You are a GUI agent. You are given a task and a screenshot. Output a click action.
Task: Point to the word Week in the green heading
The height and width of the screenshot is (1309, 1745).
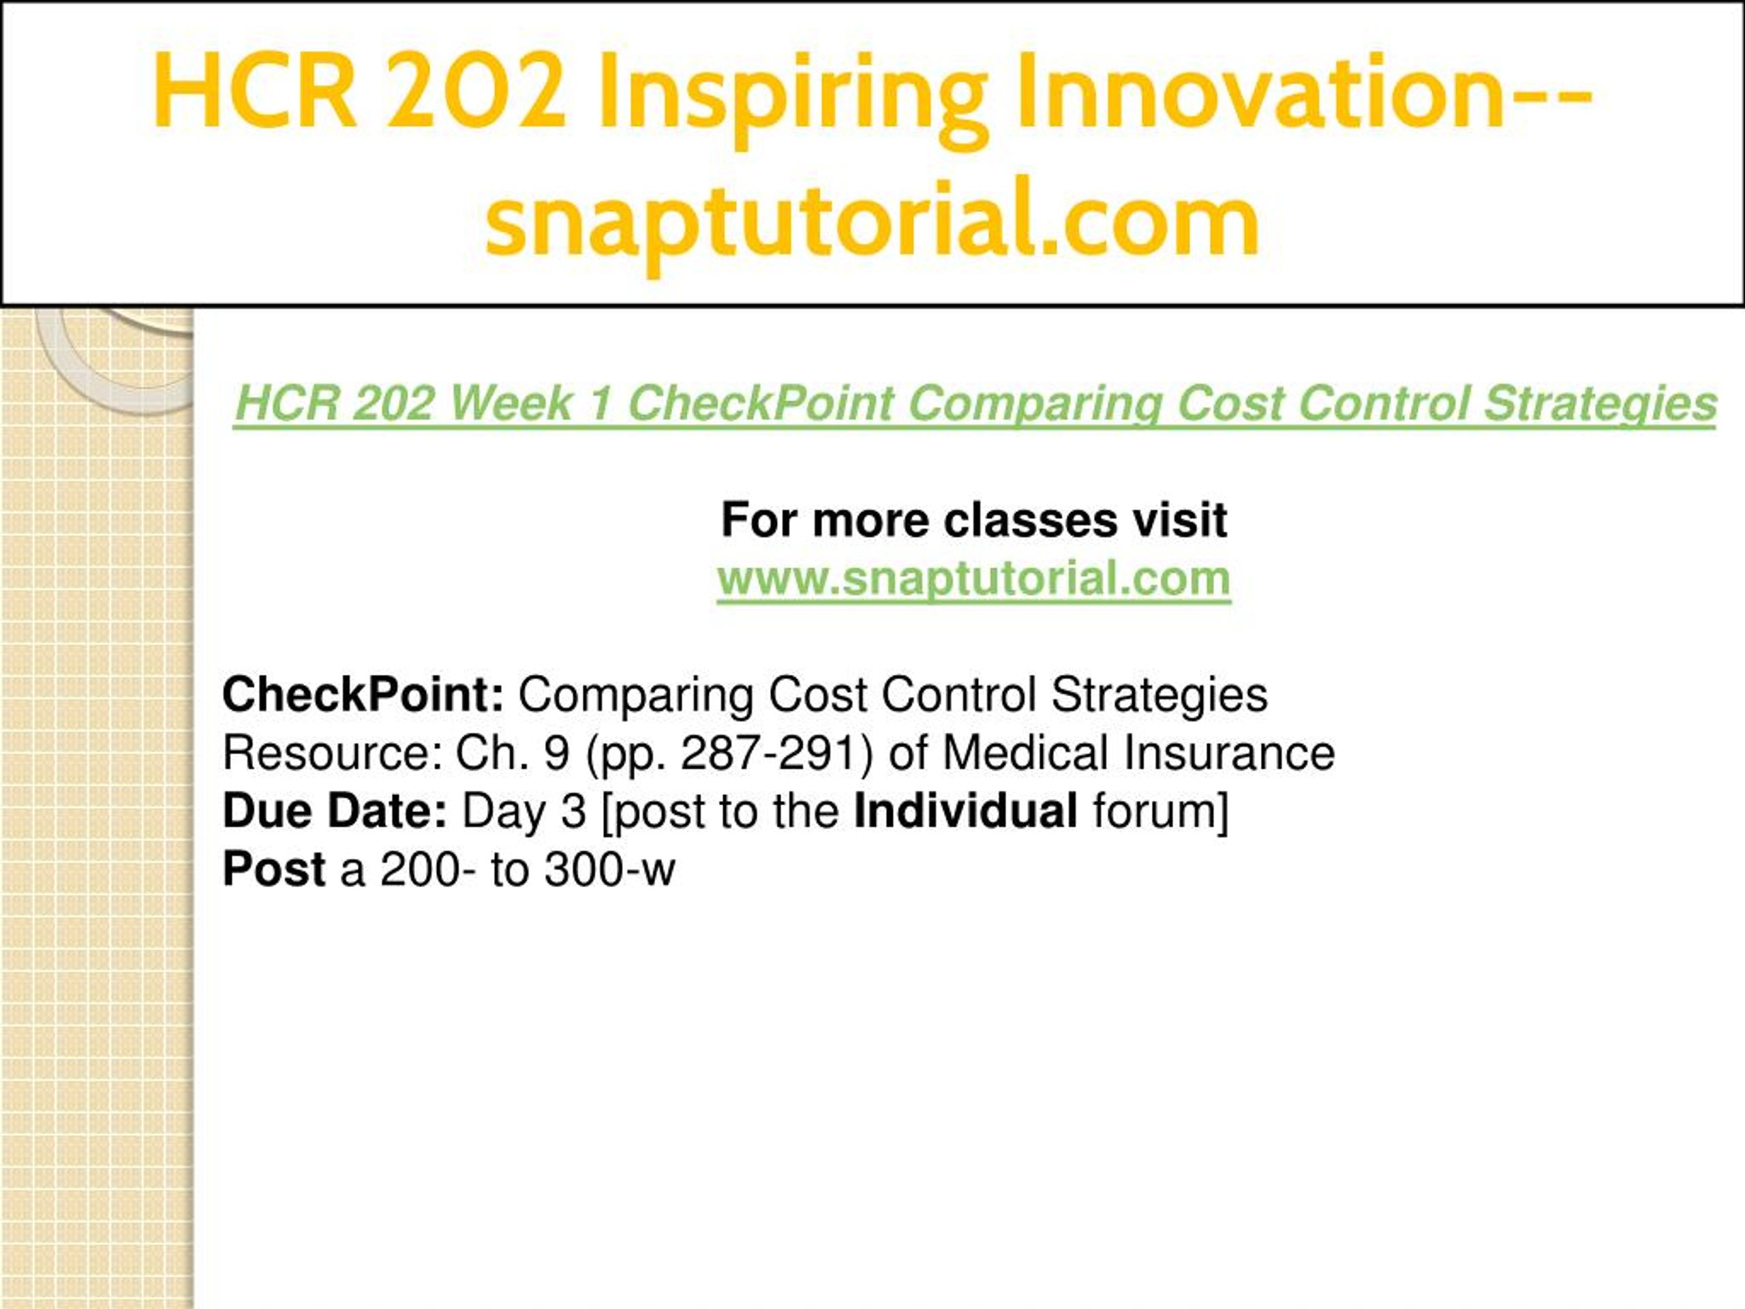511,403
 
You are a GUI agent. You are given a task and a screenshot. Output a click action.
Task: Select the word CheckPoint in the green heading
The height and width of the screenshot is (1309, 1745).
761,403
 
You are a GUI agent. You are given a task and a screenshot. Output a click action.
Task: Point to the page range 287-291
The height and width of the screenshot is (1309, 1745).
778,753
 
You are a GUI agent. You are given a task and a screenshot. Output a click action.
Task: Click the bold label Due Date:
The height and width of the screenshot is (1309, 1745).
335,811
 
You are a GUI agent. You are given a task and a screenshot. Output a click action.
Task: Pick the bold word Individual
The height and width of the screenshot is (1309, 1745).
967,811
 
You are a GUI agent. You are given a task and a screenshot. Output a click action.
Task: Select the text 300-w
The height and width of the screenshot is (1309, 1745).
610,869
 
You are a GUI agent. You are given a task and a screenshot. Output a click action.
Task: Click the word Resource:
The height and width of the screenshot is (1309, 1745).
331,753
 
